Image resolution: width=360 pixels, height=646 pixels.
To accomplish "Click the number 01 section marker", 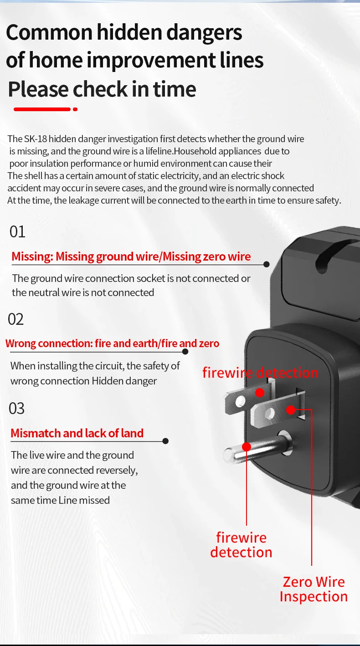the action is [17, 231].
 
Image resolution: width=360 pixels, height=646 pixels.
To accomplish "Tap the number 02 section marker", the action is [16, 319].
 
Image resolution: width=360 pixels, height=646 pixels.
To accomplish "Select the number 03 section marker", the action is [17, 408].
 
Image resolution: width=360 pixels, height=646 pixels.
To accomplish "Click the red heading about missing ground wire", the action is [131, 256].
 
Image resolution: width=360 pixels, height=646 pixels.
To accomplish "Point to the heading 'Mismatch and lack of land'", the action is [77, 433].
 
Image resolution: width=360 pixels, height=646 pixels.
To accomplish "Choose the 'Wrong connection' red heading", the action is [112, 343].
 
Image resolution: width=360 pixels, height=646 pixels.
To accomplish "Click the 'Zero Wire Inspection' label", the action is [314, 589].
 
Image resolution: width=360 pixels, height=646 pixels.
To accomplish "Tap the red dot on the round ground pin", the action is [247, 446].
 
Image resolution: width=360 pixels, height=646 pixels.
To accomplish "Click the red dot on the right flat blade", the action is [291, 410].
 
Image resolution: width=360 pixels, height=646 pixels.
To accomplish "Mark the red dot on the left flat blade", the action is [260, 392].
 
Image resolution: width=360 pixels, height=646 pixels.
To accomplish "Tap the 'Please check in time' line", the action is [102, 89].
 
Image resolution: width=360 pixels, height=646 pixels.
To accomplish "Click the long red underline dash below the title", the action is [42, 109].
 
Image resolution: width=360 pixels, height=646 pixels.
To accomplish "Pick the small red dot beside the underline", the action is [75, 109].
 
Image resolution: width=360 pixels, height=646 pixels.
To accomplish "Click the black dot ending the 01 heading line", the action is [267, 264].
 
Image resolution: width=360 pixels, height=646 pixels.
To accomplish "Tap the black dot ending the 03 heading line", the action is [165, 441].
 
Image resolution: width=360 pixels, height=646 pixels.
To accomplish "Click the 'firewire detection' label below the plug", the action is [241, 545].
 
